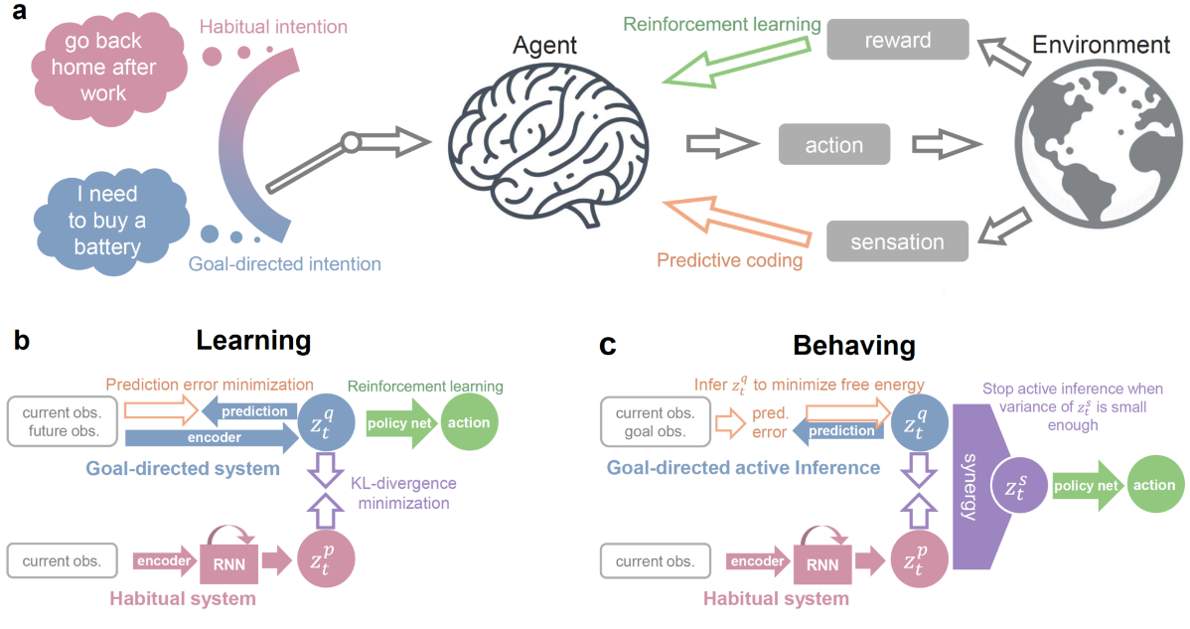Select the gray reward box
[x=897, y=40]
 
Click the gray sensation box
[x=897, y=241]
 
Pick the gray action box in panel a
[x=833, y=145]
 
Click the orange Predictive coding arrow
[x=736, y=230]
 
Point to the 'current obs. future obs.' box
[x=62, y=421]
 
